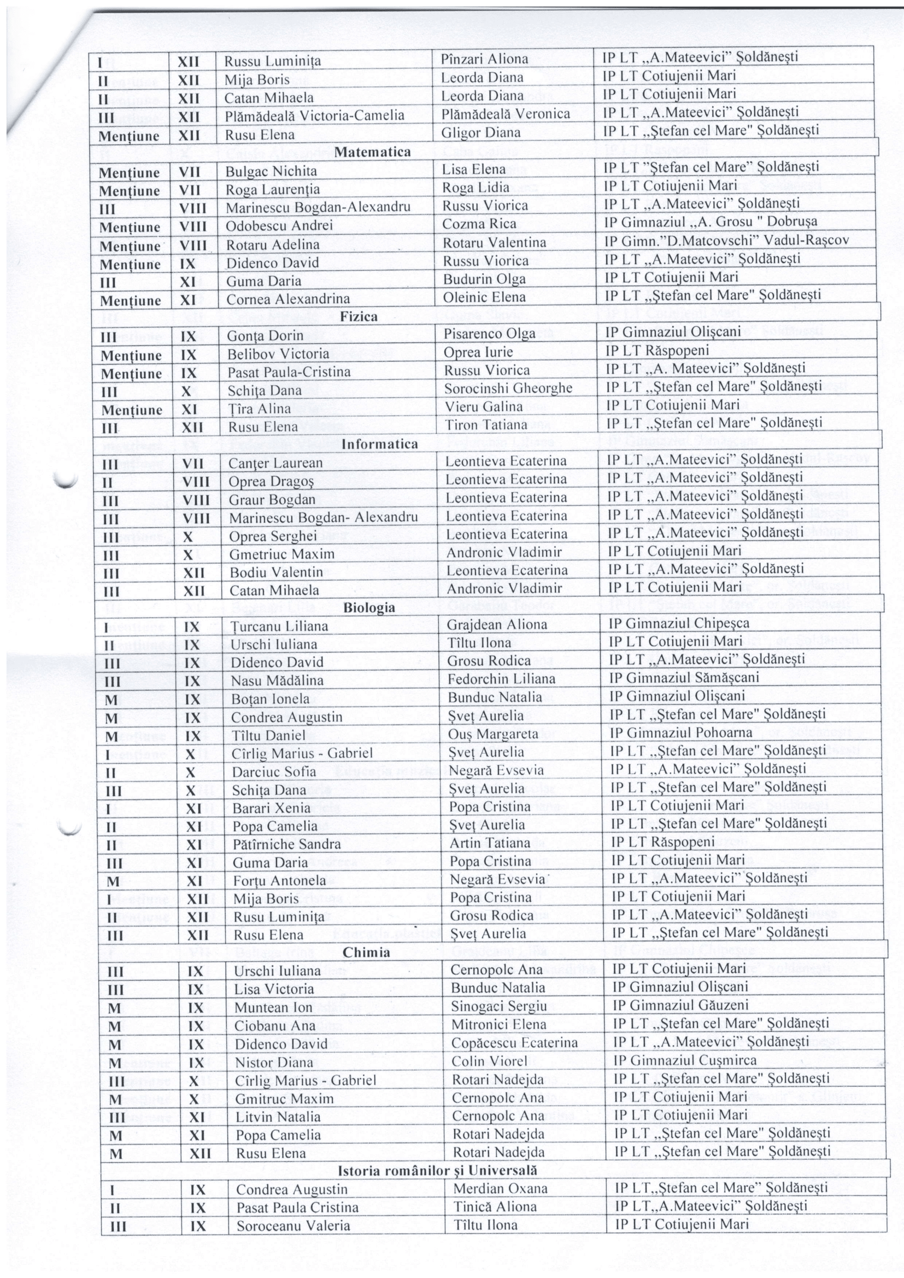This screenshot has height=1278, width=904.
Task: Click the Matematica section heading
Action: click(x=372, y=152)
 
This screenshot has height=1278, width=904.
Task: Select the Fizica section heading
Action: click(x=359, y=317)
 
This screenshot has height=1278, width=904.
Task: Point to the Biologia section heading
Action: click(x=369, y=607)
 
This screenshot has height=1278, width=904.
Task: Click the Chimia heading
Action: click(x=366, y=952)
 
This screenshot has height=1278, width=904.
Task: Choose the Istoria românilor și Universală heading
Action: click(x=438, y=1170)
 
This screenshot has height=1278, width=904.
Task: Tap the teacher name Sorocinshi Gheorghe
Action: click(x=508, y=388)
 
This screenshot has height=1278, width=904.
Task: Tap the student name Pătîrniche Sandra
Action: click(x=286, y=844)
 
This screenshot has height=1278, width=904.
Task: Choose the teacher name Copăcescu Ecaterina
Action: click(x=514, y=1043)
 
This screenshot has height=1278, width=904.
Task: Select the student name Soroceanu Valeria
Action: click(x=293, y=1226)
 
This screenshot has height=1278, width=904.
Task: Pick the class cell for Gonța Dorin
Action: click(x=188, y=336)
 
